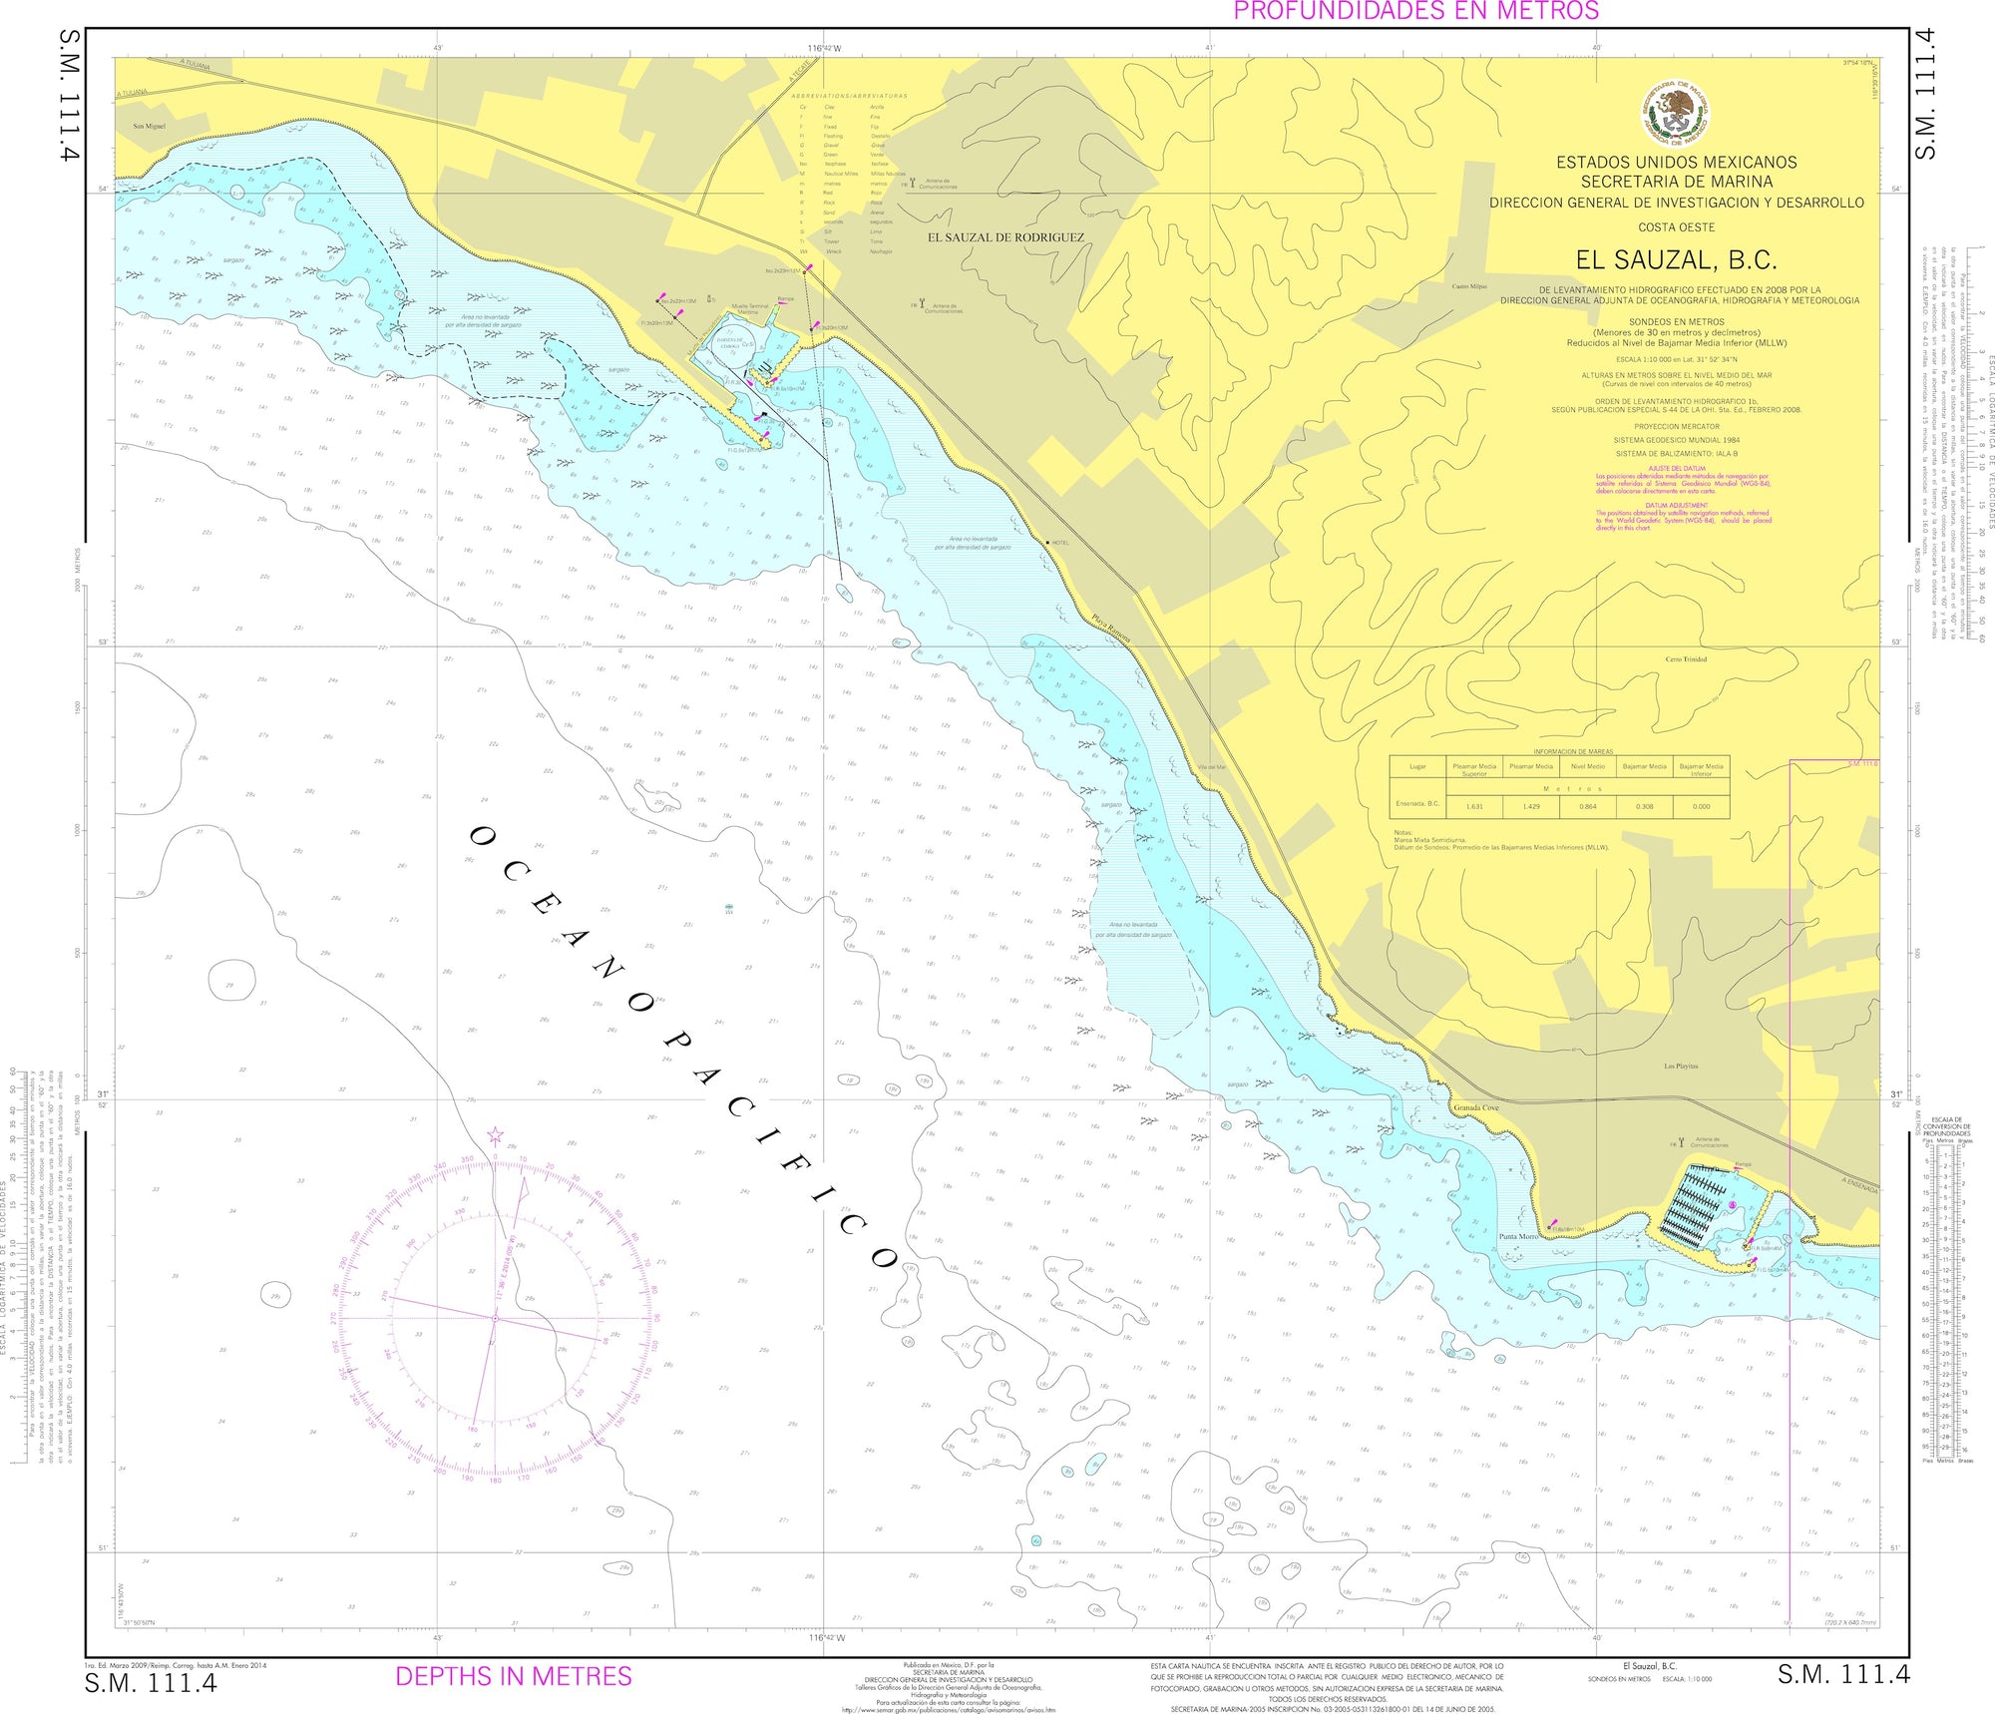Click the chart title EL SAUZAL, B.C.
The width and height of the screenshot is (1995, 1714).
(x=1676, y=260)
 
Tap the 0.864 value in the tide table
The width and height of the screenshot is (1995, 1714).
(x=1588, y=806)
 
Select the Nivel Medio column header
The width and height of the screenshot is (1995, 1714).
(x=1588, y=766)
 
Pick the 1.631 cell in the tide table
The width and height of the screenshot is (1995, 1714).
(x=1474, y=806)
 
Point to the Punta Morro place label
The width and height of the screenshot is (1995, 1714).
(x=1519, y=1236)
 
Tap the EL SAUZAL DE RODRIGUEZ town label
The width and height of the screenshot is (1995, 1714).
(x=1005, y=237)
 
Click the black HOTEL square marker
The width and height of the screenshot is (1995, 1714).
(x=1047, y=542)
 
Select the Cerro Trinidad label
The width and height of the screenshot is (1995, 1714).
(x=1686, y=659)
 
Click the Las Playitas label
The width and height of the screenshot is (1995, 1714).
(x=1681, y=1067)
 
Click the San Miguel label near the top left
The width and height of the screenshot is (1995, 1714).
(x=150, y=127)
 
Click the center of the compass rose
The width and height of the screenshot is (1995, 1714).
(x=495, y=1318)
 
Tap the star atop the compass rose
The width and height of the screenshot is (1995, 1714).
(x=495, y=1135)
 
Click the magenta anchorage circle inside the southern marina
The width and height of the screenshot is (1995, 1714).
(x=1733, y=1206)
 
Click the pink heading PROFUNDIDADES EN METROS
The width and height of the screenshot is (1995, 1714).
(x=1416, y=11)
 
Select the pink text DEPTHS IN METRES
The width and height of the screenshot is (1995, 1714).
(x=514, y=1676)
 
